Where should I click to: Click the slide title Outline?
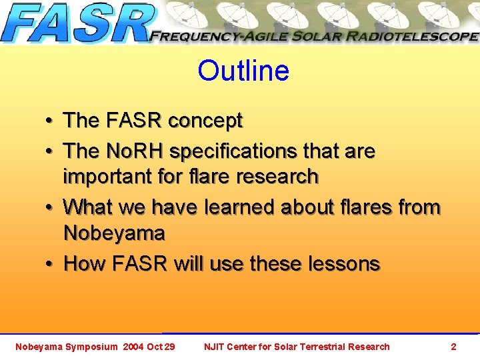[x=243, y=71]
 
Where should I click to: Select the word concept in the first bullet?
[x=205, y=121]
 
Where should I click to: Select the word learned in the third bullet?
[x=238, y=207]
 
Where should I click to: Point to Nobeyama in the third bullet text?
[x=114, y=233]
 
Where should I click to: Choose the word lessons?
[x=344, y=263]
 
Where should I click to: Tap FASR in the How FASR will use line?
[x=141, y=263]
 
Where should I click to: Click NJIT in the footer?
[x=215, y=347]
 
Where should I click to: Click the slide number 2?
[x=453, y=347]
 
